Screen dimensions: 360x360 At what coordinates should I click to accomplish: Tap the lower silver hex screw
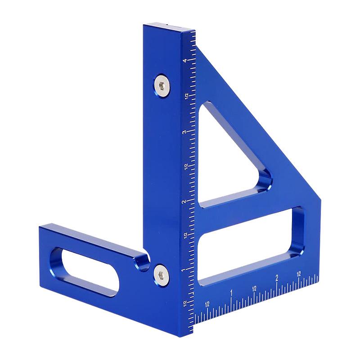[162, 274]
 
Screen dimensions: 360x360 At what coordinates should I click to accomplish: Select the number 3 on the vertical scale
[184, 132]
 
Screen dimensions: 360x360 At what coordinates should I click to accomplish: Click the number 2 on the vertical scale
[184, 202]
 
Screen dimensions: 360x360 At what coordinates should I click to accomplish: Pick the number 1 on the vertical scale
[183, 270]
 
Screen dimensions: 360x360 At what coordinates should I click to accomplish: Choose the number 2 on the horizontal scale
[277, 278]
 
